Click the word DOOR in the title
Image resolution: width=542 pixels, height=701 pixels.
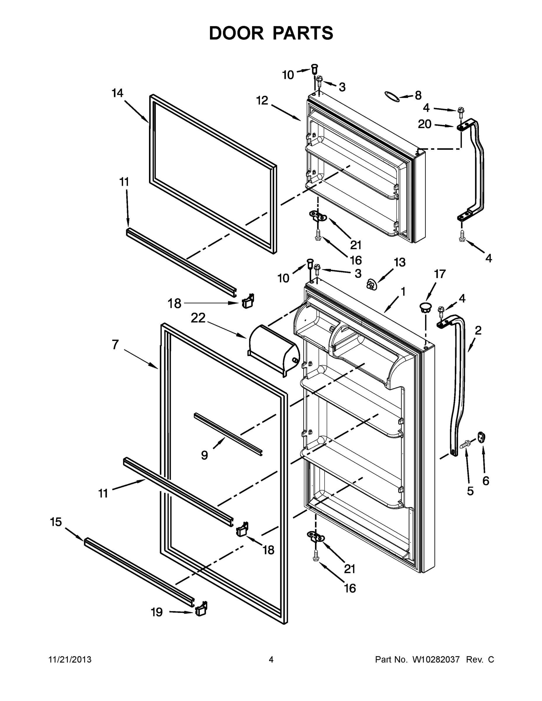click(x=236, y=33)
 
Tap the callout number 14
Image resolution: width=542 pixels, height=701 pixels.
click(x=117, y=93)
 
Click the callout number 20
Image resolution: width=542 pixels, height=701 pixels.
click(x=425, y=124)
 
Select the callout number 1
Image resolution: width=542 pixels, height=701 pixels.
click(x=403, y=291)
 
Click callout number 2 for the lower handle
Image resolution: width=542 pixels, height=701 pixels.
click(x=478, y=330)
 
